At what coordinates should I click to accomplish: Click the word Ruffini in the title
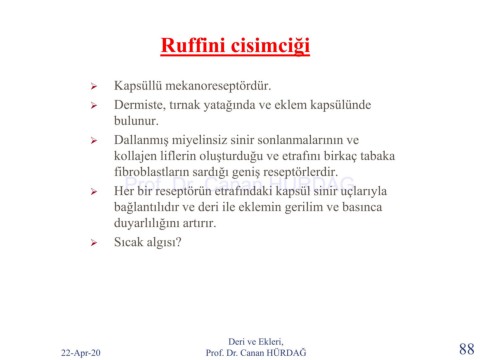click(193, 45)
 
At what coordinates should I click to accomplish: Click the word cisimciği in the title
click(270, 46)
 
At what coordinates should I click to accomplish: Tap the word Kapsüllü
click(138, 86)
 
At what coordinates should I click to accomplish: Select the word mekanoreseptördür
click(218, 86)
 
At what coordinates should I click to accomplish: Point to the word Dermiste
click(140, 105)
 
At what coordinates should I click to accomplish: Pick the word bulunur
click(136, 120)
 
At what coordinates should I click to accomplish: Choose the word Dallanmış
click(141, 140)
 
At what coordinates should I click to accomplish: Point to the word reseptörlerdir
click(300, 172)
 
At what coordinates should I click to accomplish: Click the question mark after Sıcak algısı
click(178, 242)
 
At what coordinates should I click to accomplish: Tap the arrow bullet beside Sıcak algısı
click(94, 243)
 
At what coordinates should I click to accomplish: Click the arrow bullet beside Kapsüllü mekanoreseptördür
click(94, 87)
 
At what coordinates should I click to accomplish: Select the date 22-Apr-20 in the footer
click(81, 353)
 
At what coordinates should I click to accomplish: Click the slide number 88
click(466, 349)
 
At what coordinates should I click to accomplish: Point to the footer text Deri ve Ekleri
click(256, 341)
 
